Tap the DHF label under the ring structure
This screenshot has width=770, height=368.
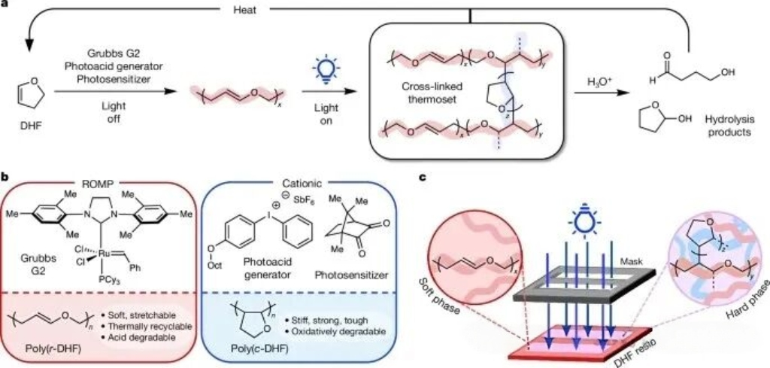pos(26,138)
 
